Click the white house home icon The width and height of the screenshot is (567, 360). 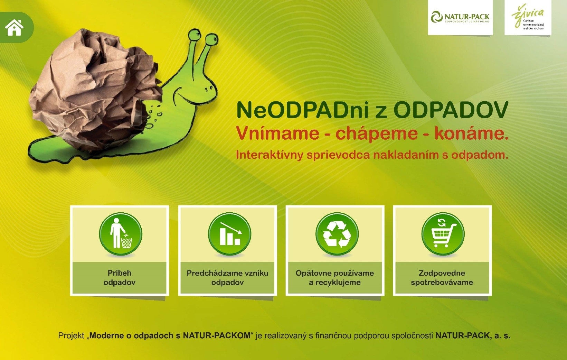[x=14, y=28]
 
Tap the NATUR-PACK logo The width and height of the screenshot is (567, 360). [x=460, y=17]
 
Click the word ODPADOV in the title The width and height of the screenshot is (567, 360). [x=451, y=110]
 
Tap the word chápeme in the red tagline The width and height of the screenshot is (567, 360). [x=376, y=133]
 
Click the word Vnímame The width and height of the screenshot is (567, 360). [x=278, y=133]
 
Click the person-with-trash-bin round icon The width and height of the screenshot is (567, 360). [x=121, y=233]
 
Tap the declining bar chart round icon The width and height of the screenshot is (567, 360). [x=229, y=233]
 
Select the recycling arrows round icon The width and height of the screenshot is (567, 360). [x=337, y=233]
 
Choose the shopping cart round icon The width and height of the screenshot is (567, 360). [x=443, y=233]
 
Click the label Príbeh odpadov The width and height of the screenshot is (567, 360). [x=120, y=278]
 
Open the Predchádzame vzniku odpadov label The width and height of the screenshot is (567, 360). [x=227, y=278]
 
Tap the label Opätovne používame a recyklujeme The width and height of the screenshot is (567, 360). [x=334, y=278]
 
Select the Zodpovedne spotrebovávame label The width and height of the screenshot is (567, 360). [x=442, y=278]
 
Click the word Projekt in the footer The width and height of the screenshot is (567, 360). [x=71, y=336]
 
